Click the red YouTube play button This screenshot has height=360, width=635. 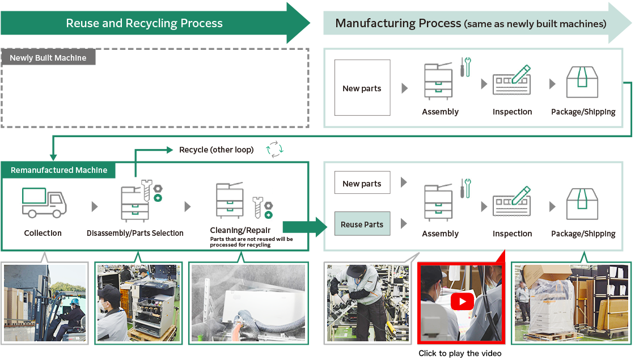462,301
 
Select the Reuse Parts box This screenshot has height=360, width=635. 362,225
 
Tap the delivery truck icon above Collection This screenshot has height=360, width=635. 44,202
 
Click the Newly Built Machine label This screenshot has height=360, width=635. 48,58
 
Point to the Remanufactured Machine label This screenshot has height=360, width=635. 59,170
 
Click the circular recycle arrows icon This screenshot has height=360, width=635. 275,150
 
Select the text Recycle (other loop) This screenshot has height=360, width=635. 217,150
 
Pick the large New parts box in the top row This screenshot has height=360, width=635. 362,88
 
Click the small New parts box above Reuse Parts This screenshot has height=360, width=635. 362,184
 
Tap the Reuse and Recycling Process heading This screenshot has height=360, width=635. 144,23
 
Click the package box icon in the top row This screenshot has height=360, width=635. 582,82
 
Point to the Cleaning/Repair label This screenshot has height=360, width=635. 240,230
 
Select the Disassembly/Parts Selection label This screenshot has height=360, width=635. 135,233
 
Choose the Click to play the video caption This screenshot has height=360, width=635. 460,353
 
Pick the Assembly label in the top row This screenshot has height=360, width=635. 440,112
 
